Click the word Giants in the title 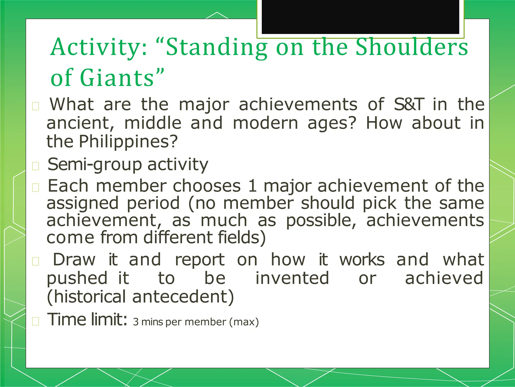pyautogui.click(x=117, y=78)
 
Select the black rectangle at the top pyautogui.click(x=360, y=17)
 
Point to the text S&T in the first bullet pyautogui.click(x=409, y=104)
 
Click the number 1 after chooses pyautogui.click(x=252, y=186)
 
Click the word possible pyautogui.click(x=321, y=220)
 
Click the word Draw pyautogui.click(x=74, y=260)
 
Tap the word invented pyautogui.click(x=292, y=278)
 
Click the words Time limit pyautogui.click(x=87, y=319)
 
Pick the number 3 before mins pyautogui.click(x=136, y=322)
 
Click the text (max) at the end pyautogui.click(x=244, y=322)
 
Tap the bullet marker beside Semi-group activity pyautogui.click(x=35, y=166)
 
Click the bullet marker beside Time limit pyautogui.click(x=35, y=321)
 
